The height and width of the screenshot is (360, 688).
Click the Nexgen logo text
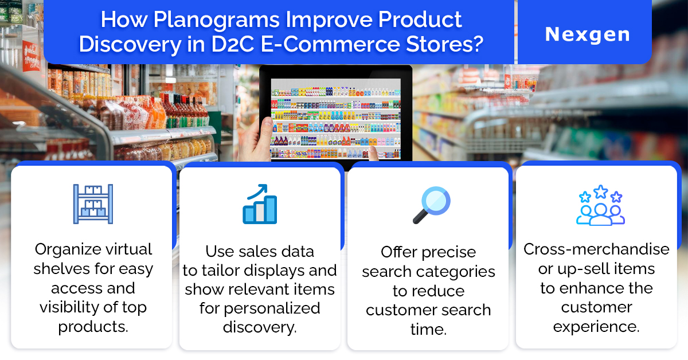pyautogui.click(x=587, y=34)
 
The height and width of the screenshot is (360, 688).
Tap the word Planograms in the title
pyautogui.click(x=216, y=20)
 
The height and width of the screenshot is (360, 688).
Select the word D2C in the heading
pyautogui.click(x=233, y=44)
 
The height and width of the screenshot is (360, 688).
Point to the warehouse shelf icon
pyautogui.click(x=93, y=204)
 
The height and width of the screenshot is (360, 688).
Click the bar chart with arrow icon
pyautogui.click(x=260, y=204)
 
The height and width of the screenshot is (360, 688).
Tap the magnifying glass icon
pyautogui.click(x=431, y=205)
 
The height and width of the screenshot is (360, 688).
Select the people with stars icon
pyautogui.click(x=600, y=205)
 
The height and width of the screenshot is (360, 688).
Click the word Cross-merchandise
pyautogui.click(x=596, y=249)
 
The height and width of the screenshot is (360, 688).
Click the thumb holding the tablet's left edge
pyautogui.click(x=266, y=128)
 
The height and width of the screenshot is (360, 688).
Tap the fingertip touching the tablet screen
pyautogui.click(x=373, y=151)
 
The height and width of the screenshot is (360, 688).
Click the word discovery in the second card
pyautogui.click(x=260, y=327)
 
